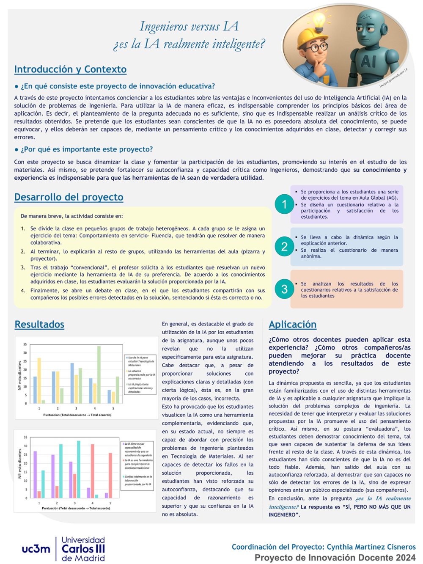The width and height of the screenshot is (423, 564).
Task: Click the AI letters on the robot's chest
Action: (368, 62)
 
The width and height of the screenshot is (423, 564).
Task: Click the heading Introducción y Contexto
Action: (70, 69)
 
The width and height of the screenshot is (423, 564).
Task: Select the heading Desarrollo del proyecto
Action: (69, 197)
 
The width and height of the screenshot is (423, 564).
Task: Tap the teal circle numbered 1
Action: (284, 204)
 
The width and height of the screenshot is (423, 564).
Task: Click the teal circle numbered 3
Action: (284, 289)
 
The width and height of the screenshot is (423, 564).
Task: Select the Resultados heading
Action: (39, 325)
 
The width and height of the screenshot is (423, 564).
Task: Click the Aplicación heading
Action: (292, 325)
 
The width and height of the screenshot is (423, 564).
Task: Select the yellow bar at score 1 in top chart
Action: (39, 380)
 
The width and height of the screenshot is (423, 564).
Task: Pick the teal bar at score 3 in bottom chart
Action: (79, 469)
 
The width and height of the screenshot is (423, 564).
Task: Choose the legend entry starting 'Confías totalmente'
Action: (138, 480)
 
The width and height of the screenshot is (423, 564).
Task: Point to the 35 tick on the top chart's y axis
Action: (25, 344)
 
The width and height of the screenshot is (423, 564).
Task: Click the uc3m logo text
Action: (36, 549)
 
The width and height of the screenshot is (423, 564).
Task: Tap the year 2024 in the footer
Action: (405, 558)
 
